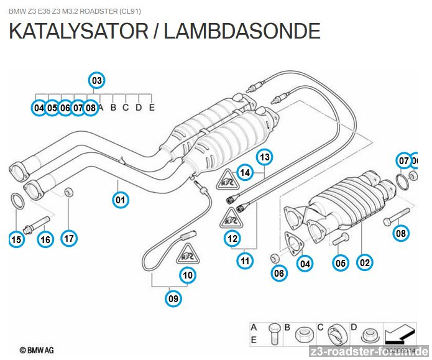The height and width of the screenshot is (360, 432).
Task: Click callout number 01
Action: point(120,200)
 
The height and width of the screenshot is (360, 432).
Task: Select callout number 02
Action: point(365,262)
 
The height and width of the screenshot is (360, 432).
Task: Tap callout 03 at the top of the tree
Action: point(96,80)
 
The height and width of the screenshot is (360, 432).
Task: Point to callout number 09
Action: point(173,299)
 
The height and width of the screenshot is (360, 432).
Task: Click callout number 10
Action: point(188,274)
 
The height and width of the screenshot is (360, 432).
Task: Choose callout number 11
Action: point(246,261)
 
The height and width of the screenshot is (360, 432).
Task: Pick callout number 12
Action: point(232,238)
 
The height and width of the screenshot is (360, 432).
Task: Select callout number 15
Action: point(16,238)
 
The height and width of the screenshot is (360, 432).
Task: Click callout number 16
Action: point(45,238)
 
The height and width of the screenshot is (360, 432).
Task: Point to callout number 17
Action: point(68,238)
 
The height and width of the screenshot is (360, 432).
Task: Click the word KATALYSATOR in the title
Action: point(78,31)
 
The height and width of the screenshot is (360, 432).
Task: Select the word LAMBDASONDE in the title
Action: point(242,31)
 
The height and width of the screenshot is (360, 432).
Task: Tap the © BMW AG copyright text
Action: point(35,351)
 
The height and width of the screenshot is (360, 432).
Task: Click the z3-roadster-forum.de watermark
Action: point(369,351)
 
